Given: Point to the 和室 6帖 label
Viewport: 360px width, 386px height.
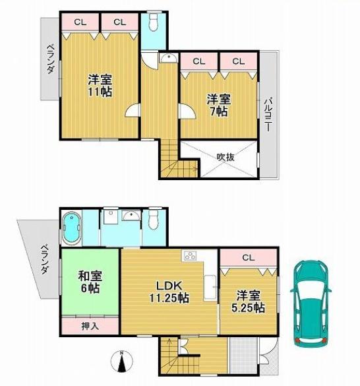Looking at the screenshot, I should click(x=90, y=282).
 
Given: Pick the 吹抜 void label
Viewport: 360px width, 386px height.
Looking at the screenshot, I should click(x=225, y=157).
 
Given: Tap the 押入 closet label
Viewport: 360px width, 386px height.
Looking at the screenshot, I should click(x=90, y=325).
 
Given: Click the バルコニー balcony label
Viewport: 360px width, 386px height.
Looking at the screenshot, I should click(x=268, y=115).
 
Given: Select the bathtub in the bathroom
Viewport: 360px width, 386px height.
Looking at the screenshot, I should click(x=71, y=228).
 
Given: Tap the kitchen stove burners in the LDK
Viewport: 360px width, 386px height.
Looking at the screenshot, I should click(x=191, y=256).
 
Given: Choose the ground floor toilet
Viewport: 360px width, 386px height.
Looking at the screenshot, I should click(x=154, y=220).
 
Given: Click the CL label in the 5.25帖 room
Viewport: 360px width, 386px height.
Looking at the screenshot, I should click(x=248, y=257).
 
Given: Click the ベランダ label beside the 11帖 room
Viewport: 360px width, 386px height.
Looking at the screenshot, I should click(x=49, y=59).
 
